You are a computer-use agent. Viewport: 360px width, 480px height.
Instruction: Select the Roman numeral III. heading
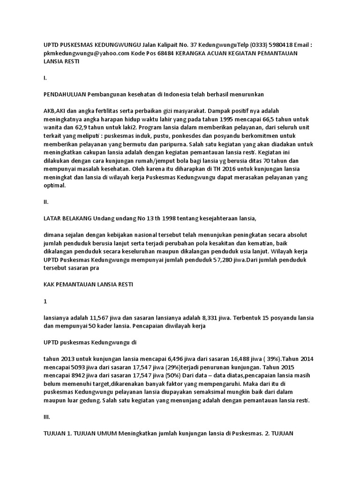[x=47, y=417]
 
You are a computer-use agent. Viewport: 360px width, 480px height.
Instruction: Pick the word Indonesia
[x=176, y=94]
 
